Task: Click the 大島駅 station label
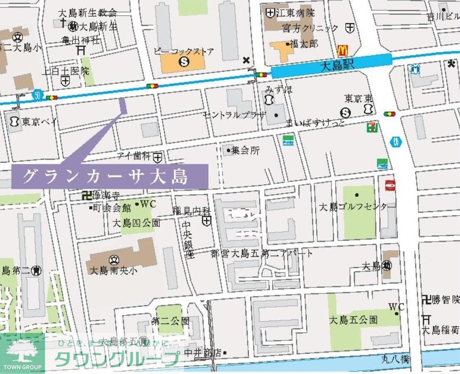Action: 337,65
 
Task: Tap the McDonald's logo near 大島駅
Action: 343,50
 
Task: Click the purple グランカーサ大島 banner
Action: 109,176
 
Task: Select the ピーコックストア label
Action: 184,52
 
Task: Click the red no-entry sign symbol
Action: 390,185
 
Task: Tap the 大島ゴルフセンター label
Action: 353,207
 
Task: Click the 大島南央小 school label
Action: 114,270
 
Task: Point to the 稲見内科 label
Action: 191,210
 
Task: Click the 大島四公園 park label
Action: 136,223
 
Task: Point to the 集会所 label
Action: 245,150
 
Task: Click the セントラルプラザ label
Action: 234,115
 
